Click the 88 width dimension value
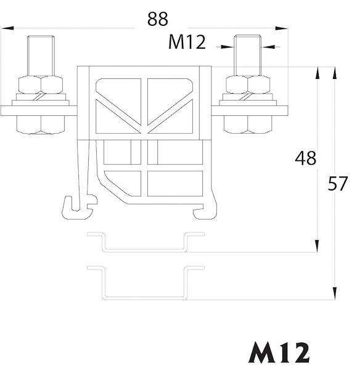(x=158, y=19)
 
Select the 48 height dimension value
(x=306, y=158)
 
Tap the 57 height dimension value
(x=338, y=183)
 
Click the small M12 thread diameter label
(x=187, y=42)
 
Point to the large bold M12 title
(x=279, y=352)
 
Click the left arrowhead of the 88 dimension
(x=7, y=28)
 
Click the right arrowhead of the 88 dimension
(x=282, y=28)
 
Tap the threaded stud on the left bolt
(x=41, y=55)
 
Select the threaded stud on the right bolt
(x=247, y=55)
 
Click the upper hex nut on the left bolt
(x=41, y=84)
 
